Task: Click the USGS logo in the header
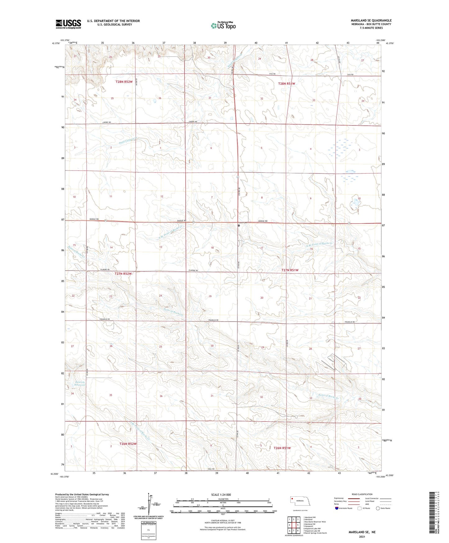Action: point(68,24)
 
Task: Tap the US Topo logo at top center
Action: point(223,26)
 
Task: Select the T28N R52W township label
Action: point(124,82)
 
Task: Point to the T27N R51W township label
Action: point(290,270)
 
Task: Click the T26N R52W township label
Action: point(128,444)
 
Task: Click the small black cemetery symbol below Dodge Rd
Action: point(239,225)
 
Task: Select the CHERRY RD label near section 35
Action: point(107,123)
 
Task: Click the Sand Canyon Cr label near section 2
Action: point(128,141)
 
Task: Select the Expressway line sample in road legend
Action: point(354,498)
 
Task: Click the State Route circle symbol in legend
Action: point(378,508)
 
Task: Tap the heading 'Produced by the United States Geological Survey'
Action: point(82,494)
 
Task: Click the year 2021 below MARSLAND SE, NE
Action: point(362,537)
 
